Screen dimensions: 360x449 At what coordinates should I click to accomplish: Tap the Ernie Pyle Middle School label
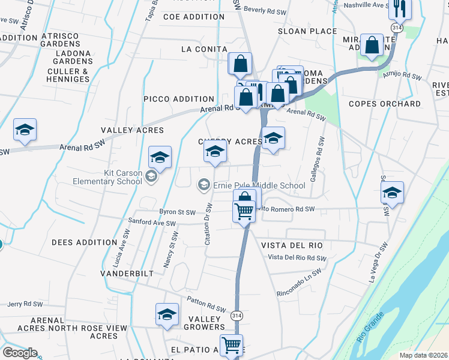[259, 185]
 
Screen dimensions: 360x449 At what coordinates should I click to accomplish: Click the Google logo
[19, 353]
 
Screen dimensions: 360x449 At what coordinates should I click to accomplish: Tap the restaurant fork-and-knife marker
[398, 10]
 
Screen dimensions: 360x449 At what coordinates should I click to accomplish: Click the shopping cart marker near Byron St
[244, 212]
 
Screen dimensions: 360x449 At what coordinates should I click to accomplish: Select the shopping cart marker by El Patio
[232, 346]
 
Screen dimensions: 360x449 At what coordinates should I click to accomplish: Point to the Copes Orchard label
[385, 104]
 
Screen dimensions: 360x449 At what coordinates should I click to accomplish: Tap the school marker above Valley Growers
[167, 314]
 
